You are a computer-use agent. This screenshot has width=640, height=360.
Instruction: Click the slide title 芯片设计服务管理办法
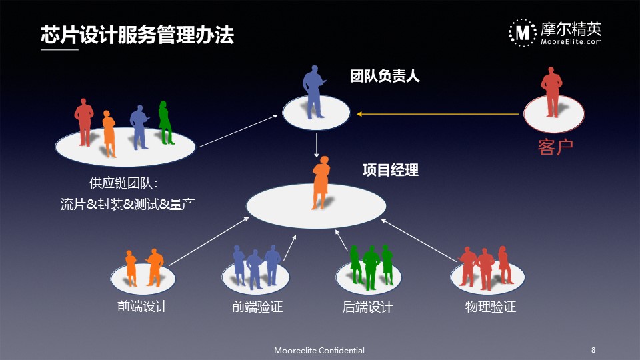(x=137, y=35)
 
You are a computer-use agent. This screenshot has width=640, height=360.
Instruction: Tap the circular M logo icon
(x=523, y=33)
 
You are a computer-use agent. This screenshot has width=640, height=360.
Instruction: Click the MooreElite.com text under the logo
(x=571, y=41)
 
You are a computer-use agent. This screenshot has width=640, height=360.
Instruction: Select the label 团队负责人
(x=385, y=76)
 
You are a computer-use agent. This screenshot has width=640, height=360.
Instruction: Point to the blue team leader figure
(x=313, y=92)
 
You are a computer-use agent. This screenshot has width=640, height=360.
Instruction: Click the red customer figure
(x=551, y=92)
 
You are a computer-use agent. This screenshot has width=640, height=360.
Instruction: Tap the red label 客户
(x=555, y=147)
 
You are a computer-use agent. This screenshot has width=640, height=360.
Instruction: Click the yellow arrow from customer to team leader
(x=437, y=114)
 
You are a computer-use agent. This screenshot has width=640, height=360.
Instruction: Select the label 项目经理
(x=390, y=170)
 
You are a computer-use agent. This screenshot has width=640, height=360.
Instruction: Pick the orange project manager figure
(x=321, y=183)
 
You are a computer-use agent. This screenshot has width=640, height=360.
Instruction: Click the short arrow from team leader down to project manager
(x=316, y=145)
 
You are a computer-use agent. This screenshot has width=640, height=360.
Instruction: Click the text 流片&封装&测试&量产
(x=127, y=204)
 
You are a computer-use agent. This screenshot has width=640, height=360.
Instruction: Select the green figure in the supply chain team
(x=165, y=123)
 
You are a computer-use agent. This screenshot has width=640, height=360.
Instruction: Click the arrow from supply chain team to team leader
(x=239, y=131)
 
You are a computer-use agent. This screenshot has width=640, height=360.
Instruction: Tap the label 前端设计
(x=143, y=306)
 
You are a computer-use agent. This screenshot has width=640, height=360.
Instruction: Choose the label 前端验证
(x=257, y=307)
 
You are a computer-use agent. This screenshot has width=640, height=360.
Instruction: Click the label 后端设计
(x=367, y=307)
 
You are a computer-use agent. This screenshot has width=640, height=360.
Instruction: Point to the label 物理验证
(x=490, y=307)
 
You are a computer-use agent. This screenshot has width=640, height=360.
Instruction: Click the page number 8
(x=593, y=350)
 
